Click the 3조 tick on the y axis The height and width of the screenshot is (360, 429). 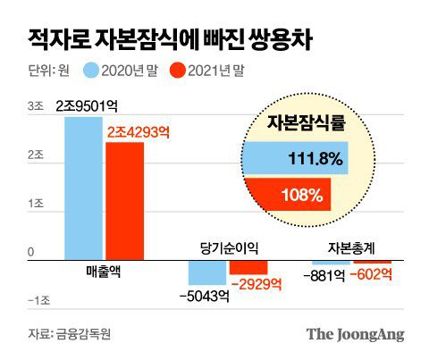coord(35,106)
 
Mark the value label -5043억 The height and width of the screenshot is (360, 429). coord(206,297)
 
